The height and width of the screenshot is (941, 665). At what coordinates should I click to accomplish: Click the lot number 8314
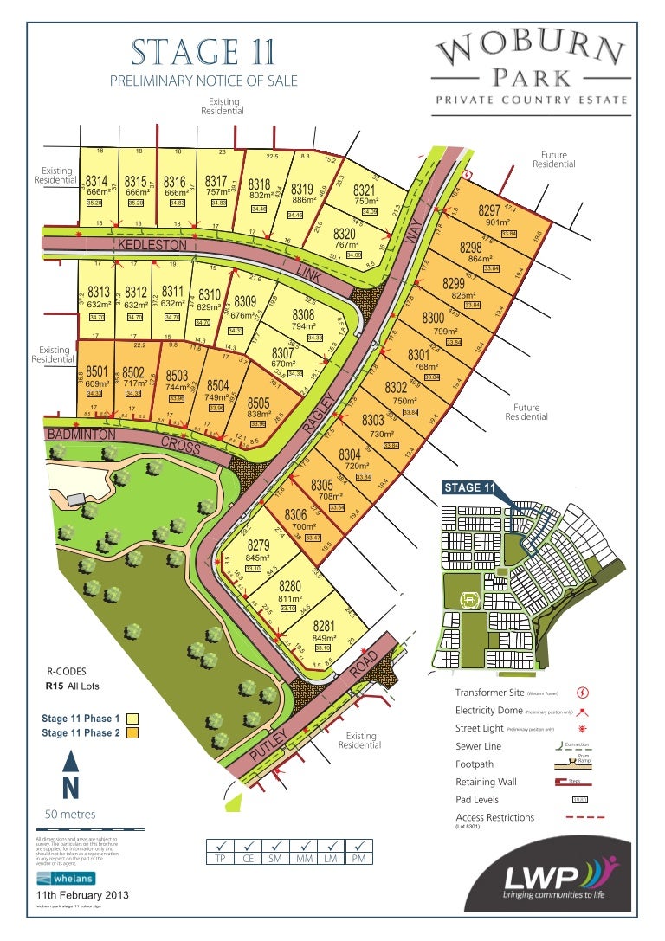[x=96, y=181]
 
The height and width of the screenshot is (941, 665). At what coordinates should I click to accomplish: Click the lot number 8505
[x=259, y=403]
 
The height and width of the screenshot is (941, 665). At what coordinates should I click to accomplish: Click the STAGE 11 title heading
[x=203, y=54]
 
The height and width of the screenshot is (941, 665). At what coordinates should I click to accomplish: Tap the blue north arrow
[x=72, y=762]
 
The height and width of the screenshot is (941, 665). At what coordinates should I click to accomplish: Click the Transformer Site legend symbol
[x=583, y=693]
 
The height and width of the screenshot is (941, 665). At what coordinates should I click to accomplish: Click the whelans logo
[x=61, y=879]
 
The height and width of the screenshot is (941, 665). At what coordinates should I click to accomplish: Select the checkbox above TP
[x=221, y=846]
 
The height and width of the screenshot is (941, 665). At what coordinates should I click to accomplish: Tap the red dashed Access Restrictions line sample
[x=583, y=816]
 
